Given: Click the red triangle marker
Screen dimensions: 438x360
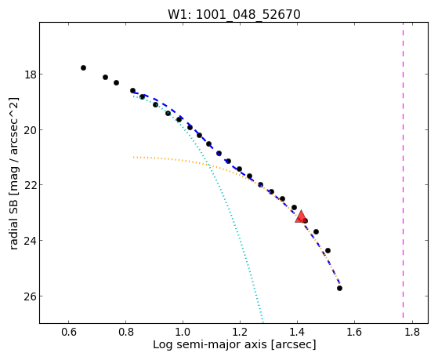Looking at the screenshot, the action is click(x=301, y=216).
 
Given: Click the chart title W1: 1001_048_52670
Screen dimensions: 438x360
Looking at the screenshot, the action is click(x=233, y=14).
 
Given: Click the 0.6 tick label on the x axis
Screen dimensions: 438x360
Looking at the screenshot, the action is click(x=69, y=332).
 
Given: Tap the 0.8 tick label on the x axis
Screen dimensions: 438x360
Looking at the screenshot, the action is click(x=125, y=332).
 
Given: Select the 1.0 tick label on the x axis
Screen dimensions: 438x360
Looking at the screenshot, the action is click(x=183, y=332).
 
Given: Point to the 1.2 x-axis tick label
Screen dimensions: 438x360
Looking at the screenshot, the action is click(x=240, y=332).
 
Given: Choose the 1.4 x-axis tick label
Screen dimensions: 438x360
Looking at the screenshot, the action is click(x=297, y=332).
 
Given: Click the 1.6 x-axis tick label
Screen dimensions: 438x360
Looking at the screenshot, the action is click(x=354, y=332).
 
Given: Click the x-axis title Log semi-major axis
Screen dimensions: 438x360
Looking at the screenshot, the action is click(x=210, y=345).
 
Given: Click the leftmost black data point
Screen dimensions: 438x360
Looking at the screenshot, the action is click(x=83, y=67).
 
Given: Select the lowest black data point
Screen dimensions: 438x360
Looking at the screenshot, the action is click(x=339, y=288).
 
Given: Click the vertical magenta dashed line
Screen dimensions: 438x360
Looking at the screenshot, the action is click(x=403, y=170).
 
